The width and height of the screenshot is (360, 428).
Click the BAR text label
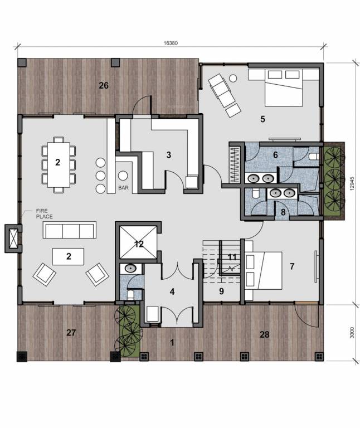(124, 188)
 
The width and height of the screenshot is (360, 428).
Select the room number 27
(71, 333)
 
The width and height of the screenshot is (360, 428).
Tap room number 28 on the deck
(264, 334)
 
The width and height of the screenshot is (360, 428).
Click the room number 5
(262, 118)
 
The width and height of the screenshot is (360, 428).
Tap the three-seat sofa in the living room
(70, 230)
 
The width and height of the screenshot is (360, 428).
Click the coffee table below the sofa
(68, 256)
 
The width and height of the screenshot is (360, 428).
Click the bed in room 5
(284, 86)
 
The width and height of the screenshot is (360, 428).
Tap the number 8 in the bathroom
(283, 212)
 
